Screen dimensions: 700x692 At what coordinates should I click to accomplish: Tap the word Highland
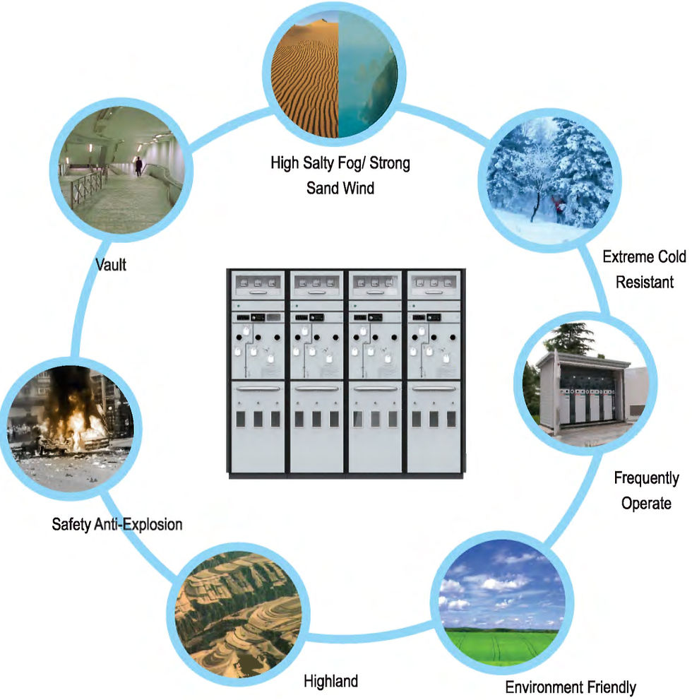[x=330, y=681]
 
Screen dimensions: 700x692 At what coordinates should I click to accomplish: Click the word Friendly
[x=604, y=687]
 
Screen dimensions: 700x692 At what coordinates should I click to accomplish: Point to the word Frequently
[x=645, y=479]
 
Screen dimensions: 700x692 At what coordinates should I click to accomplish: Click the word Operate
[x=645, y=503]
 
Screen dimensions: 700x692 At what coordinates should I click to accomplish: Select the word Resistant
[x=644, y=282]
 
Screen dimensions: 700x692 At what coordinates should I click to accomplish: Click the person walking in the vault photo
[x=138, y=167]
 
